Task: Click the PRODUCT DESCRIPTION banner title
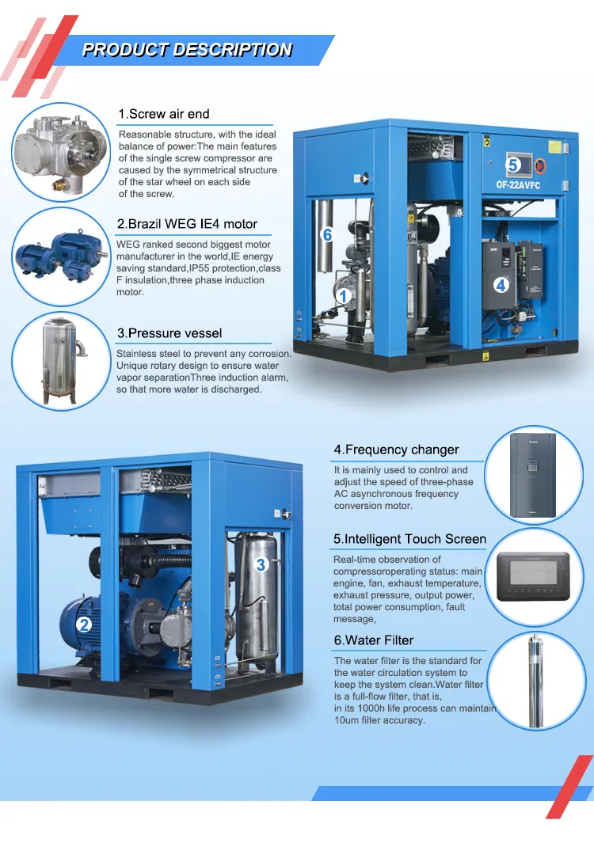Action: (187, 50)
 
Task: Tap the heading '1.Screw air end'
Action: (164, 114)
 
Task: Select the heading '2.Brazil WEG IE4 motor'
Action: (187, 224)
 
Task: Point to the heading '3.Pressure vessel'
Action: (169, 333)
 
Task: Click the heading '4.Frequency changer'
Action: (396, 450)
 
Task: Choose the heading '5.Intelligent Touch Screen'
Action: (409, 539)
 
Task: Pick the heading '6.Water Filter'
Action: (373, 640)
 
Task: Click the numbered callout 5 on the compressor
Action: (513, 165)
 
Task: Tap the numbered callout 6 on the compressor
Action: (327, 234)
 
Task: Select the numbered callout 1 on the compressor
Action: (343, 296)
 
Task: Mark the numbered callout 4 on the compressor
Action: (501, 284)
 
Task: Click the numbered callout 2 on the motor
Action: (84, 625)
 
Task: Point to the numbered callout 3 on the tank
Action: (261, 564)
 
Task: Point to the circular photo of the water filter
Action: (538, 680)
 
